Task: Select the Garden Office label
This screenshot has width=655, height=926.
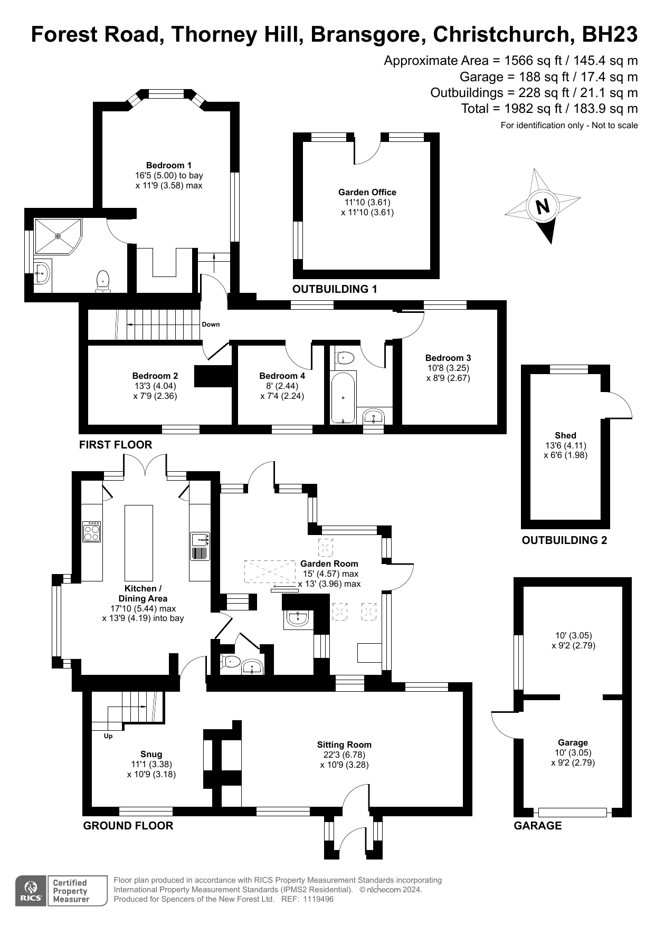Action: point(367,192)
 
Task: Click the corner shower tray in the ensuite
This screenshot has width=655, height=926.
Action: point(58,236)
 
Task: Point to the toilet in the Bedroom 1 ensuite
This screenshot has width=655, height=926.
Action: point(102,281)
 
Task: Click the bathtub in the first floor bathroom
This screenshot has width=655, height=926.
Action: point(343,398)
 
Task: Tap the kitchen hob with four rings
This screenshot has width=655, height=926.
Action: point(92,531)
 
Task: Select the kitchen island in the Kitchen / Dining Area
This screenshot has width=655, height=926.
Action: point(139,543)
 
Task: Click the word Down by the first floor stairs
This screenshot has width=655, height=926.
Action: point(211,324)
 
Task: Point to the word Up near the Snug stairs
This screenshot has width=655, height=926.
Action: point(108,736)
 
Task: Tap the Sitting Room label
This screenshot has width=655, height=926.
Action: point(344,744)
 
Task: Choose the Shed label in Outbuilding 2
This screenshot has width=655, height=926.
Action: point(565,435)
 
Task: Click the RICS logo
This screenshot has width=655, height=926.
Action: point(31,891)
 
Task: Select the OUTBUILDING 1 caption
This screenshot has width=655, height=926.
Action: point(335,289)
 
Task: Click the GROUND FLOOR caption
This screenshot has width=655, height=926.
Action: point(128,826)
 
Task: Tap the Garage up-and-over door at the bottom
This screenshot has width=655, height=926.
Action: point(573,813)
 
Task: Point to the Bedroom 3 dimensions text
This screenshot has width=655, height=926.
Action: point(448,373)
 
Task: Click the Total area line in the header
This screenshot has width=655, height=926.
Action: point(549,109)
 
